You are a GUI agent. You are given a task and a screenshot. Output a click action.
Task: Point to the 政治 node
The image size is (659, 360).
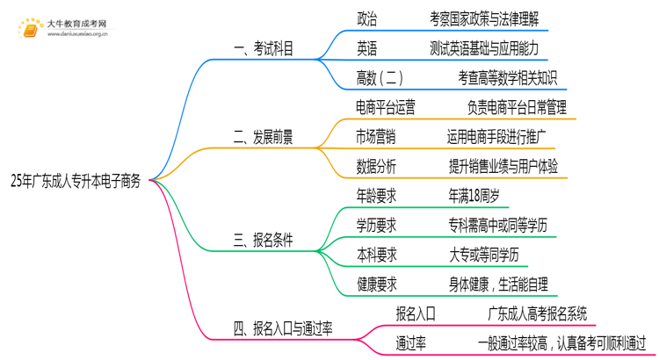pos(367,18)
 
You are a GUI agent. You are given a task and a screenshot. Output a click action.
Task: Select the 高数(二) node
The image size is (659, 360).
pos(380,77)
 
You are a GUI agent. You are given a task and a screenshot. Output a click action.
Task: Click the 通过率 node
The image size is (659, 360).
pos(411,342)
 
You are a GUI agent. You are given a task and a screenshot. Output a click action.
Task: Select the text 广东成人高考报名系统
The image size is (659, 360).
pos(538,313)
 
